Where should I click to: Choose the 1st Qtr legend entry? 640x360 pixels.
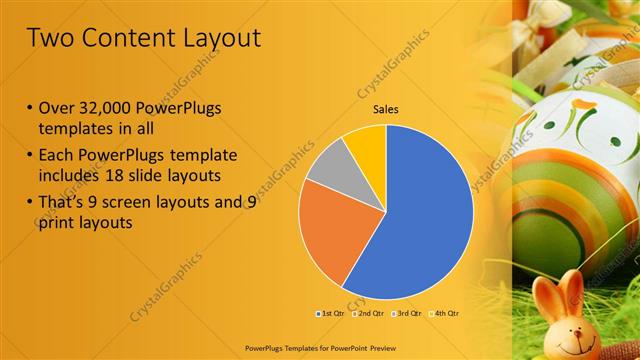click(331, 315)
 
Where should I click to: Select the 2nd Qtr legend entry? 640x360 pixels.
click(371, 315)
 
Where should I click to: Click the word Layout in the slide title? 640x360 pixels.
click(215, 38)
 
